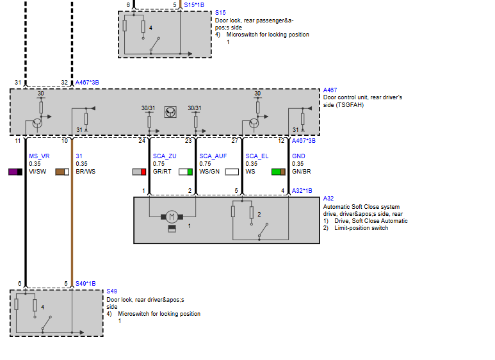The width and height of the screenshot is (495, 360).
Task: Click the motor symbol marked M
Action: [172, 217]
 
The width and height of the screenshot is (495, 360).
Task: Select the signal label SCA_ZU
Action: [165, 156]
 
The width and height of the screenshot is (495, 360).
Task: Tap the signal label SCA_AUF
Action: [213, 156]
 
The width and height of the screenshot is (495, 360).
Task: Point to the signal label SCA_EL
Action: [257, 156]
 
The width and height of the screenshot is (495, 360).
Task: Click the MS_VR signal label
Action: [39, 156]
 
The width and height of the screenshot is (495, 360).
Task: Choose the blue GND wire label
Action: [298, 156]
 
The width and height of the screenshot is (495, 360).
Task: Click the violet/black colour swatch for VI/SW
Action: [15, 172]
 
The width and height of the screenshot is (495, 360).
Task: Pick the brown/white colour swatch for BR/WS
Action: [62, 172]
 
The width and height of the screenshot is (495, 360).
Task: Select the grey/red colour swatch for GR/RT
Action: [139, 172]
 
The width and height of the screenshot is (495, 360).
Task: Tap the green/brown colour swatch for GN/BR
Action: [279, 172]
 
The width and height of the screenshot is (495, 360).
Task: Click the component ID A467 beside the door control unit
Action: [330, 90]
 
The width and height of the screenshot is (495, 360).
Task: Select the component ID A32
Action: [329, 199]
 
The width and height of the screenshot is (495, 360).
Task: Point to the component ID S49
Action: [112, 291]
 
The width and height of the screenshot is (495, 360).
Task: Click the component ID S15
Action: [220, 13]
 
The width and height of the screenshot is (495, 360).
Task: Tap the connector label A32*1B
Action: [302, 190]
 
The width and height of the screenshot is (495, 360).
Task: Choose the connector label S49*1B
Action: [86, 284]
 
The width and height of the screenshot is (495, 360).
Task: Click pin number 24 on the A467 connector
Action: [142, 141]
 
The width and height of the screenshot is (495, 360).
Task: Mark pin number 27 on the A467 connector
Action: [234, 141]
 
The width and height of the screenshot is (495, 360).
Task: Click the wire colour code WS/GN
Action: [209, 172]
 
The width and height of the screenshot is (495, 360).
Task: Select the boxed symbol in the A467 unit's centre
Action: [170, 112]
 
